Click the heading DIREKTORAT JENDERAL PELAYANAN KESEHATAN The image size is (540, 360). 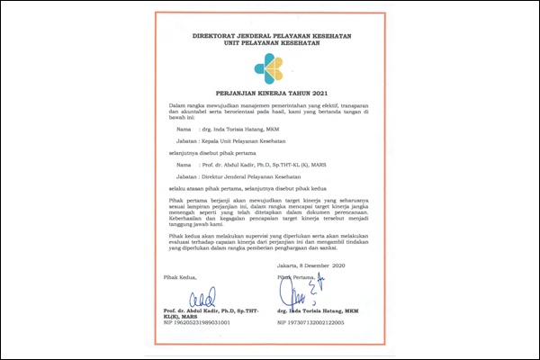click(x=269, y=34)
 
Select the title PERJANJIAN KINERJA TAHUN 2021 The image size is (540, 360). click(x=269, y=93)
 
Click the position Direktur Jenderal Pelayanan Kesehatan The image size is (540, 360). click(x=238, y=180)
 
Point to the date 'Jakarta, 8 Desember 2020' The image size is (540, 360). click(x=310, y=266)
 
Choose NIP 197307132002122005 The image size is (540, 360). click(x=315, y=319)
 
